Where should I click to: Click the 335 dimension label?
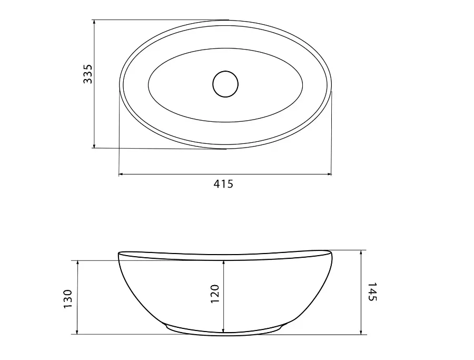(x=87, y=74)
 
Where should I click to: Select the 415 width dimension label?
(x=223, y=183)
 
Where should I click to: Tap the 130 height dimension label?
(x=68, y=299)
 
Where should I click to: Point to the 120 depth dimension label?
(x=214, y=294)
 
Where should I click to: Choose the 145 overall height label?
(x=372, y=291)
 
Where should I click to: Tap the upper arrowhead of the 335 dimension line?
(x=94, y=22)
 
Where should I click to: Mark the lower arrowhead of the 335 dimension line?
(x=94, y=146)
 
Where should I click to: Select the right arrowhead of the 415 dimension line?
(x=329, y=174)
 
